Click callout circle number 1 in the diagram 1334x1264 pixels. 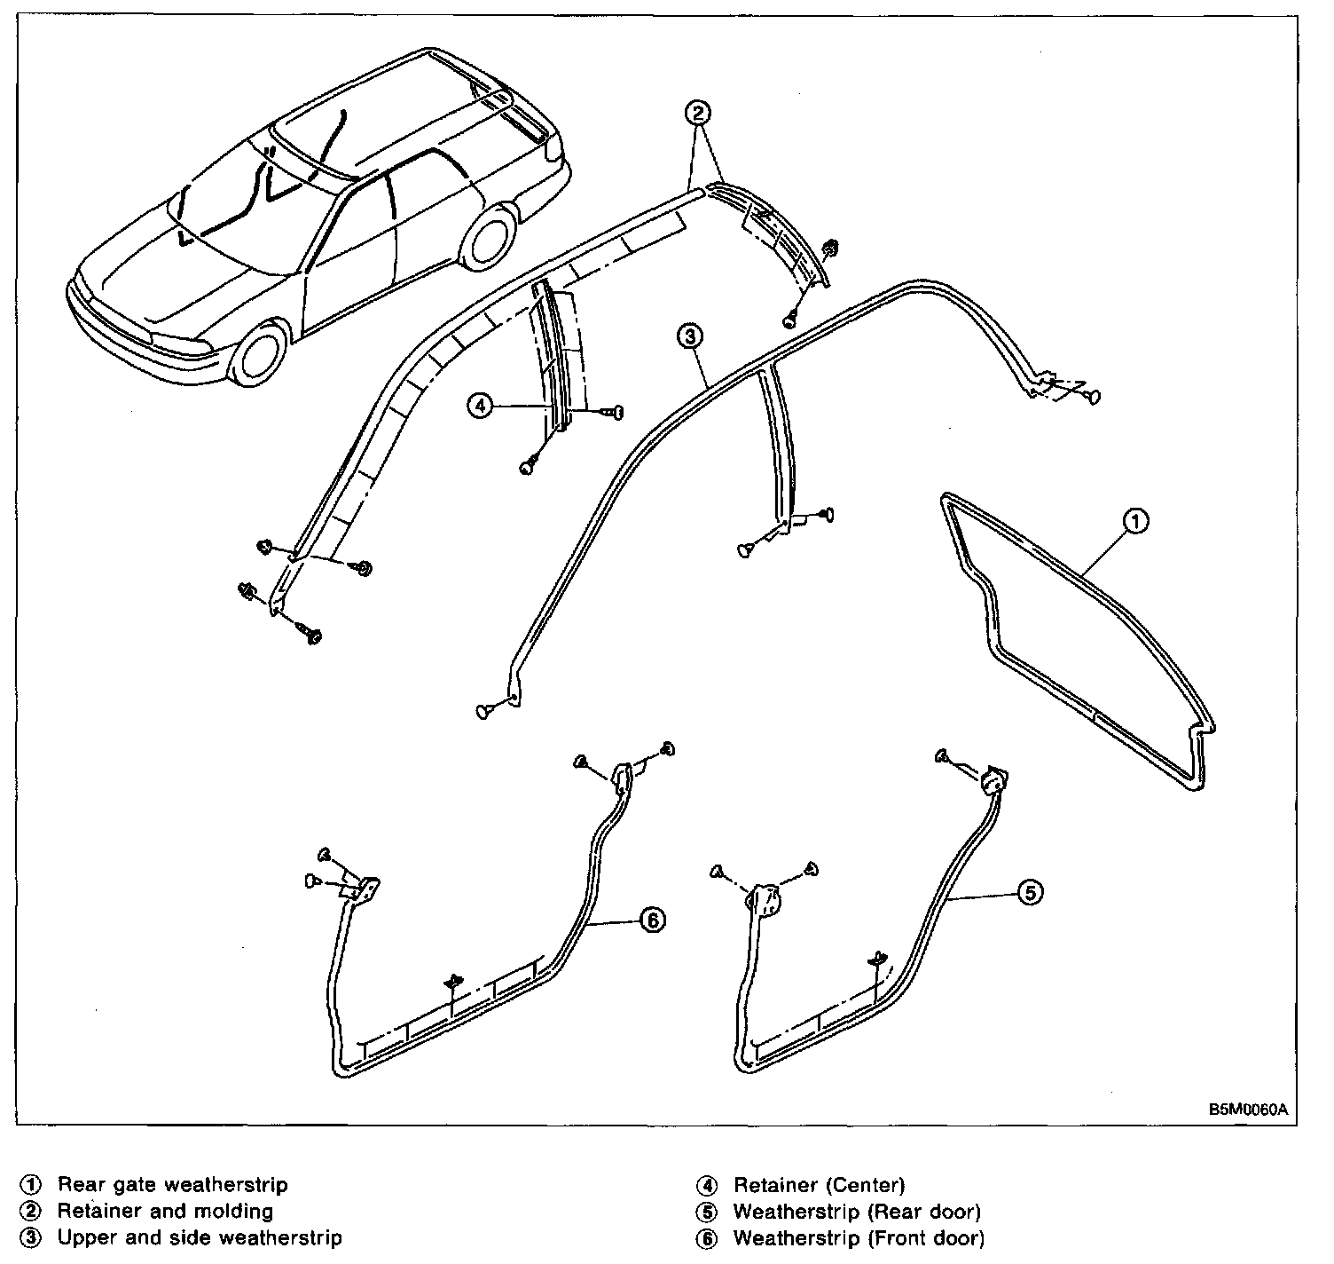coord(1136,522)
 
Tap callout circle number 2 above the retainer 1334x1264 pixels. coord(698,113)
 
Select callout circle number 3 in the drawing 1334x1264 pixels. coord(690,336)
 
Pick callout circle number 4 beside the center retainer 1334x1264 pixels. coord(480,406)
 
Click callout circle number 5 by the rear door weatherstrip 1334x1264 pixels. coord(1029,892)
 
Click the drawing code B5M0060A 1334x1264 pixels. coord(1246,1110)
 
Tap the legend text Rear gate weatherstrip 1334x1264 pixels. coord(172,1184)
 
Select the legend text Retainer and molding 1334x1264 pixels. coord(165,1211)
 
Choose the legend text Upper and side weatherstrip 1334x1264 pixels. coord(200,1237)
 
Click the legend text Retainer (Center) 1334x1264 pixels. coord(819,1184)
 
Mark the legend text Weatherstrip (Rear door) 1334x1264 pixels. coord(857,1211)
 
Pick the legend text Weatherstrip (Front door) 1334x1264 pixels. coord(859,1237)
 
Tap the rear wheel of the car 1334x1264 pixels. coord(490,238)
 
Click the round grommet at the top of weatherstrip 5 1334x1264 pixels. coord(993,781)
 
